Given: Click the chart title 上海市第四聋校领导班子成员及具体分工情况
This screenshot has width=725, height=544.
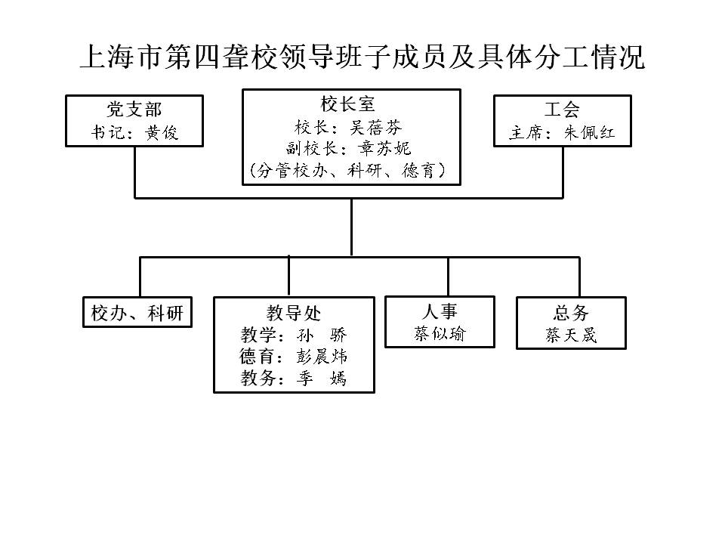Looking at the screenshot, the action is (x=362, y=57).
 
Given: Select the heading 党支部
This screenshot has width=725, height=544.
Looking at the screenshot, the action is (x=134, y=110).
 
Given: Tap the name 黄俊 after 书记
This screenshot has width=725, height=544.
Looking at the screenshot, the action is (x=162, y=133).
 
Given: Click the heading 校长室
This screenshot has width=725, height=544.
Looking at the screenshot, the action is (x=347, y=104).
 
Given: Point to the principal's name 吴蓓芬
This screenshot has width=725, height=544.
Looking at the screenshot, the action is (x=375, y=127).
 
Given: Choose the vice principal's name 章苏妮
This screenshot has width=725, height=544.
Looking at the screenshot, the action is (x=384, y=148).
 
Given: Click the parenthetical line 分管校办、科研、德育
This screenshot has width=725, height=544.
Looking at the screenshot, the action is (x=347, y=170).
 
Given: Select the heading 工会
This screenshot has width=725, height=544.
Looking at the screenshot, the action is (x=562, y=110).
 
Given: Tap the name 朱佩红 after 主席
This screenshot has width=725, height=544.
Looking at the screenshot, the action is (x=590, y=133).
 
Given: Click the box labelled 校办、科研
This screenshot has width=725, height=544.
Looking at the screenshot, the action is (x=137, y=312).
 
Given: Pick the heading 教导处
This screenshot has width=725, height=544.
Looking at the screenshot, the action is (x=294, y=313).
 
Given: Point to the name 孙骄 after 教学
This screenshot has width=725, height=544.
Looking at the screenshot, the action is (x=322, y=335).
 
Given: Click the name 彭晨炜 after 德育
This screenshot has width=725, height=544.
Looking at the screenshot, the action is (x=322, y=356).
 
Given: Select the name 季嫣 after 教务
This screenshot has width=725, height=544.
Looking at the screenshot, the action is (x=322, y=378).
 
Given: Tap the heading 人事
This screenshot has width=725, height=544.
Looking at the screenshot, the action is (x=440, y=311).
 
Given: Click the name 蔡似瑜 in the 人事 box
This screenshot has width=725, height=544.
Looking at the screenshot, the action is (x=440, y=333).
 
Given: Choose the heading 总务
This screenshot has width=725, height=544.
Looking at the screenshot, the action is (x=571, y=313).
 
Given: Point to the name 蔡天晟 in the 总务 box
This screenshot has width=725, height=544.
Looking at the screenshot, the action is (x=571, y=335).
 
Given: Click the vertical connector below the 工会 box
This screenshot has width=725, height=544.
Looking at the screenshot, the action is (x=563, y=172).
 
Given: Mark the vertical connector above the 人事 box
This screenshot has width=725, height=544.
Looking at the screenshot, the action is (x=448, y=277).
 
